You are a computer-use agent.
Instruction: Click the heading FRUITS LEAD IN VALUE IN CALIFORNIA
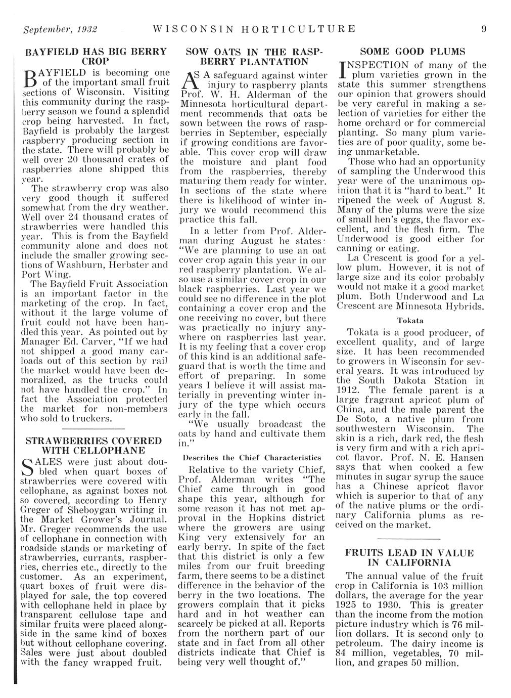[x=410, y=557]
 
